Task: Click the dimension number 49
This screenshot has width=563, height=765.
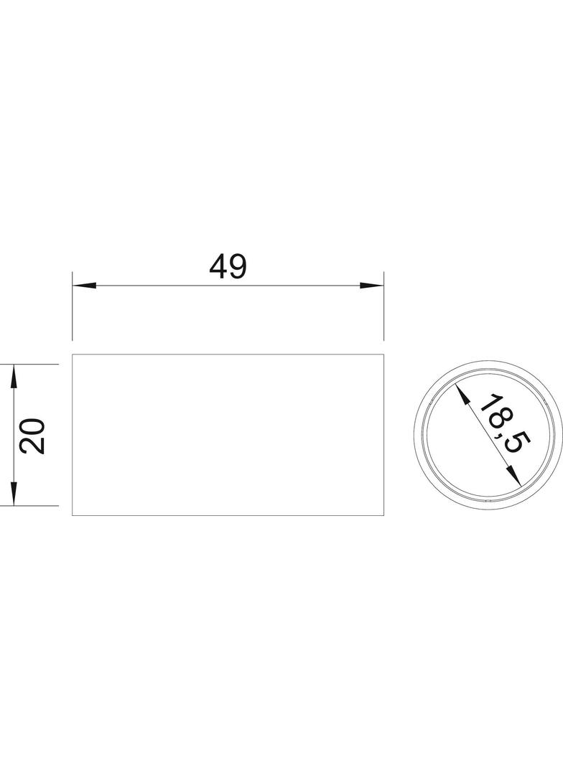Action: pyautogui.click(x=228, y=267)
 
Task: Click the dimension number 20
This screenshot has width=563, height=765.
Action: pyautogui.click(x=32, y=436)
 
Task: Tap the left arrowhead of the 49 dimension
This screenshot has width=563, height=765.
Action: pyautogui.click(x=84, y=286)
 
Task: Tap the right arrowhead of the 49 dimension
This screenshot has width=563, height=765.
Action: pyautogui.click(x=371, y=286)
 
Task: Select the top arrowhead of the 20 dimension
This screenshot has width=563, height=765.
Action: pyautogui.click(x=14, y=376)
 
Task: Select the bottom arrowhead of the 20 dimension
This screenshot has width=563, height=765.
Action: pyautogui.click(x=14, y=494)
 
